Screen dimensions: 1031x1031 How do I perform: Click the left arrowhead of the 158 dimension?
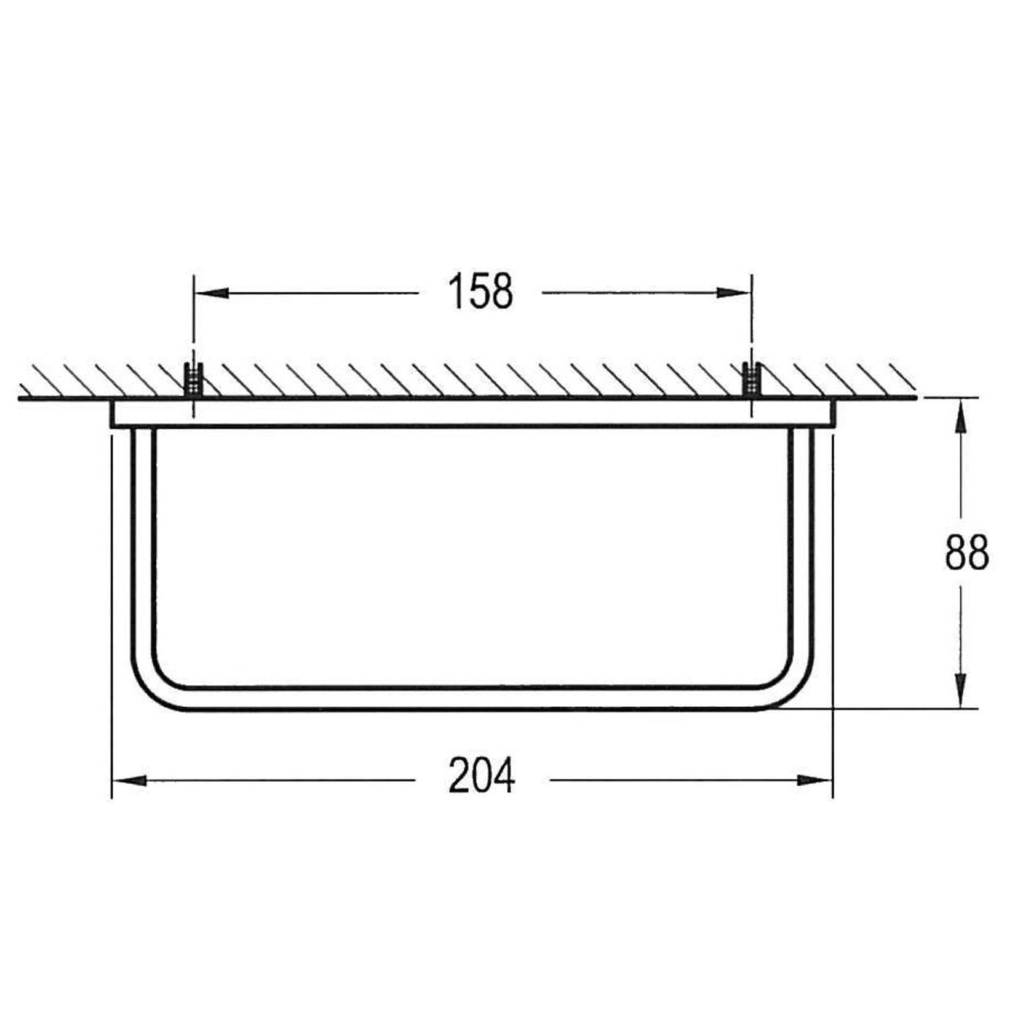pyautogui.click(x=212, y=293)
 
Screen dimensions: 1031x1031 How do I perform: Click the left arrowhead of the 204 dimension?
pyautogui.click(x=130, y=780)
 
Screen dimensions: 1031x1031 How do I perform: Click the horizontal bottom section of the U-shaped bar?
pyautogui.click(x=474, y=699)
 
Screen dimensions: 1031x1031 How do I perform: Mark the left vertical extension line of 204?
pyautogui.click(x=111, y=615)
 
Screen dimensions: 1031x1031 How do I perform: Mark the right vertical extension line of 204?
pyautogui.click(x=832, y=615)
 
